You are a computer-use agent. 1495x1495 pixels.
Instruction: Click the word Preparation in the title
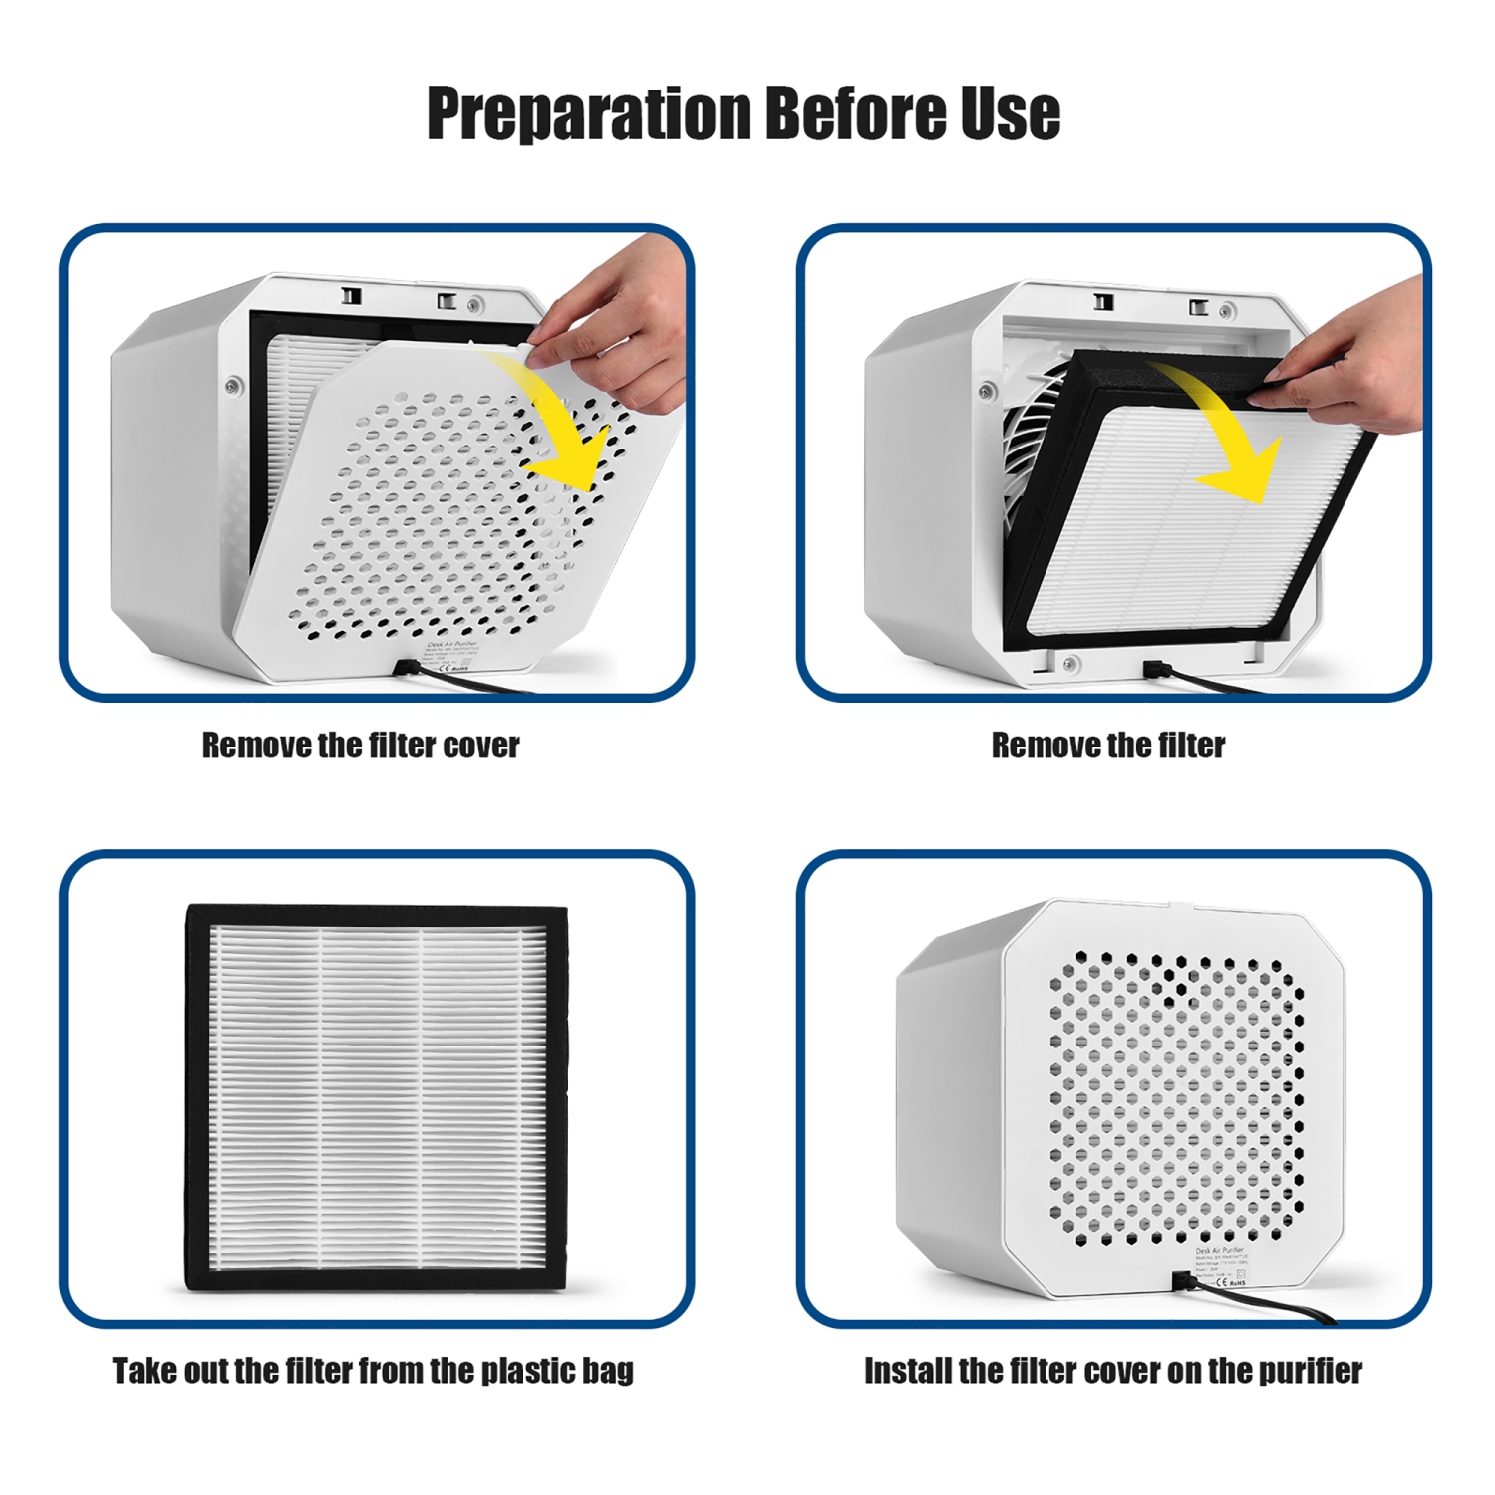pos(588,113)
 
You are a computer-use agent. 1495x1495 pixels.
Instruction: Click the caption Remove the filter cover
pos(361,746)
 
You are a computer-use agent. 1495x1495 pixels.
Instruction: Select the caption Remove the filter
pos(1107,746)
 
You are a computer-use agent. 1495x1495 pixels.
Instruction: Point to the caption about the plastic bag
pos(372,1371)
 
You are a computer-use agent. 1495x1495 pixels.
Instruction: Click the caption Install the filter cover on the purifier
pos(1112,1371)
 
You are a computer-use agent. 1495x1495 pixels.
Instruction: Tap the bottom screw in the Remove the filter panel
pos(1069,662)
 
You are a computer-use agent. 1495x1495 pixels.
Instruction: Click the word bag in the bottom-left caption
pos(608,1371)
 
